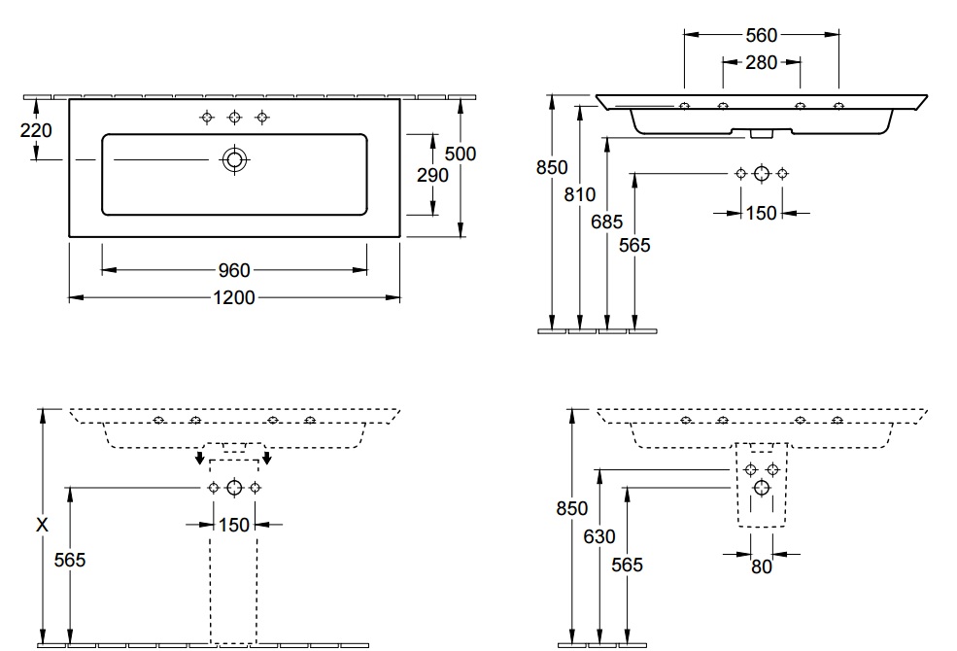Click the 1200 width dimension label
pyautogui.click(x=234, y=297)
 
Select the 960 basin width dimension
pyautogui.click(x=234, y=270)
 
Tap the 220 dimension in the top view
pyautogui.click(x=36, y=130)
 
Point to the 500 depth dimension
pyautogui.click(x=461, y=154)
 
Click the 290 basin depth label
pyautogui.click(x=432, y=175)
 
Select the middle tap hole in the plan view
pyautogui.click(x=234, y=118)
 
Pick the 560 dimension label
pyautogui.click(x=762, y=35)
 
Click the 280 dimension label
pyautogui.click(x=762, y=62)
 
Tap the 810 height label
pyautogui.click(x=579, y=194)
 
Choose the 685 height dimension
pyautogui.click(x=606, y=222)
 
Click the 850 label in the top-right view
pyautogui.click(x=552, y=167)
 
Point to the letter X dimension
pyautogui.click(x=42, y=525)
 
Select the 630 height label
pyautogui.click(x=599, y=536)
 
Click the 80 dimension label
pyautogui.click(x=762, y=566)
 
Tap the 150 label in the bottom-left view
pyautogui.click(x=234, y=525)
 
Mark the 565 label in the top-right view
pyautogui.click(x=634, y=245)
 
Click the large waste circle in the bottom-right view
pyautogui.click(x=761, y=488)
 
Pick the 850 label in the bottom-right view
pyautogui.click(x=572, y=508)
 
